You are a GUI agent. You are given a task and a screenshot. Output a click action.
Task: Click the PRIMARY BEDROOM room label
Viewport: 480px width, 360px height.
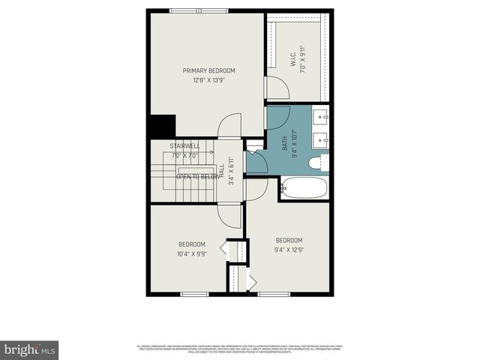[x=203, y=70]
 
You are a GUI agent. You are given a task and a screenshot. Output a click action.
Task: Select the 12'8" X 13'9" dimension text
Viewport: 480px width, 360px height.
[x=203, y=80]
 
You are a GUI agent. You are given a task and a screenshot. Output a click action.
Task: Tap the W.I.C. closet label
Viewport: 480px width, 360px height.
[x=293, y=57]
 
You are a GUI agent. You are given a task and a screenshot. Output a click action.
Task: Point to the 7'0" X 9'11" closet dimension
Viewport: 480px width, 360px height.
[x=302, y=57]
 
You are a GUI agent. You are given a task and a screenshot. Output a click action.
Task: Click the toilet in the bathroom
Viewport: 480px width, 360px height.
[x=318, y=163]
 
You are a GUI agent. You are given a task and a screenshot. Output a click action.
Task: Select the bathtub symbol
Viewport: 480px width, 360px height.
[x=304, y=187]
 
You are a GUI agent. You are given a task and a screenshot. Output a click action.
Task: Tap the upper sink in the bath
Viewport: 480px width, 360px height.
[x=322, y=117]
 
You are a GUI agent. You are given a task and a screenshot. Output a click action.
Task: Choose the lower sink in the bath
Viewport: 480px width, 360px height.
[x=322, y=138]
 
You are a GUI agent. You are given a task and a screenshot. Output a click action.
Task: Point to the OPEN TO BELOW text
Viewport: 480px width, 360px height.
[x=197, y=177]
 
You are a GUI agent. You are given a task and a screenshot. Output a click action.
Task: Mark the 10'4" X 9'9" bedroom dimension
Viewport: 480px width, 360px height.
[x=192, y=253]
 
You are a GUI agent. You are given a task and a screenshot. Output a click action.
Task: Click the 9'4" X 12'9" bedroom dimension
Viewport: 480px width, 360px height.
[x=289, y=250]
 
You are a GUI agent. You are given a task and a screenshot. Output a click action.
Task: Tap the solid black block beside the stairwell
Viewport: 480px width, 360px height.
[x=161, y=126]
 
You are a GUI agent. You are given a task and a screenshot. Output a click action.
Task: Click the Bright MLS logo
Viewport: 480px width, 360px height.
[x=29, y=349]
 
